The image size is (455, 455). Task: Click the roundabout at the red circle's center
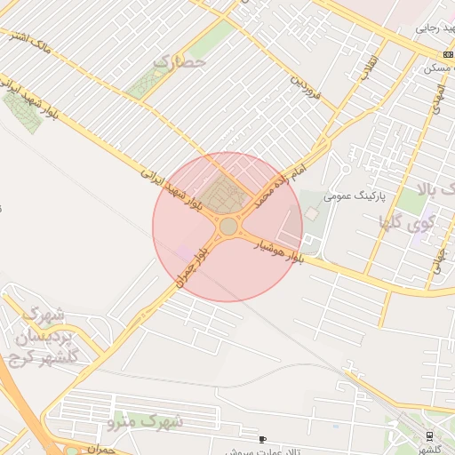tap(228, 227)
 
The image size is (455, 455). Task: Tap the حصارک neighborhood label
tap(180, 62)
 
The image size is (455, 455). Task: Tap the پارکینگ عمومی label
tap(351, 196)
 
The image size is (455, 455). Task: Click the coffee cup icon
tap(262, 439)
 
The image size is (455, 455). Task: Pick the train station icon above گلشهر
tap(430, 435)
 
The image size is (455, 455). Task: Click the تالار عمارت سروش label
tap(258, 451)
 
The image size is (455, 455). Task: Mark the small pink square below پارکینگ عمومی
tap(311, 214)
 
